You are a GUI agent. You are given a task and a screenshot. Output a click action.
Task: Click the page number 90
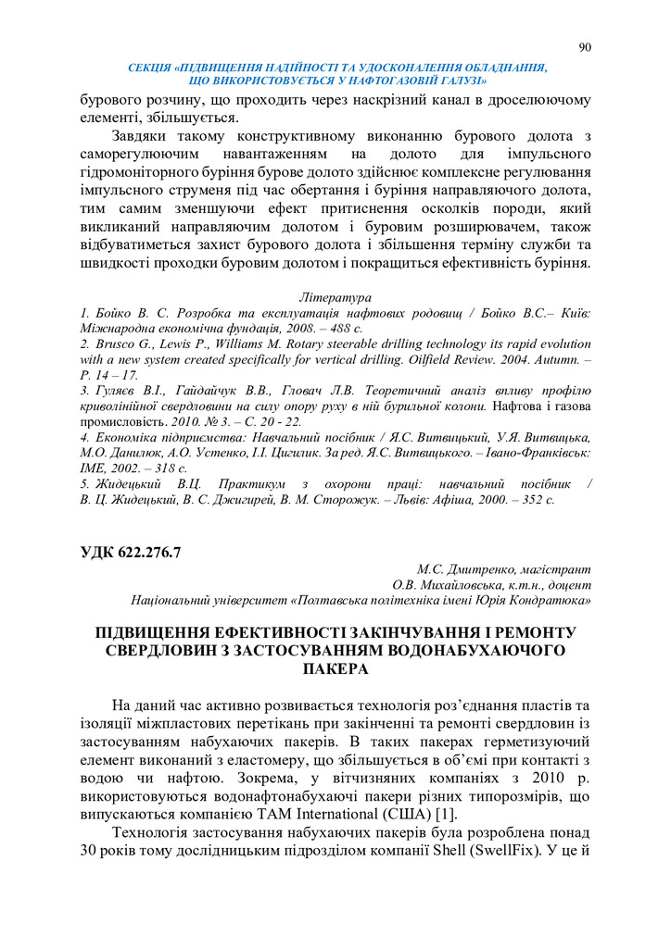584,48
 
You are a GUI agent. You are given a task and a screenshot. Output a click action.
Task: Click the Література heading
335,298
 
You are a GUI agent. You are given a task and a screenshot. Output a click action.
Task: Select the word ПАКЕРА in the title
335,668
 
